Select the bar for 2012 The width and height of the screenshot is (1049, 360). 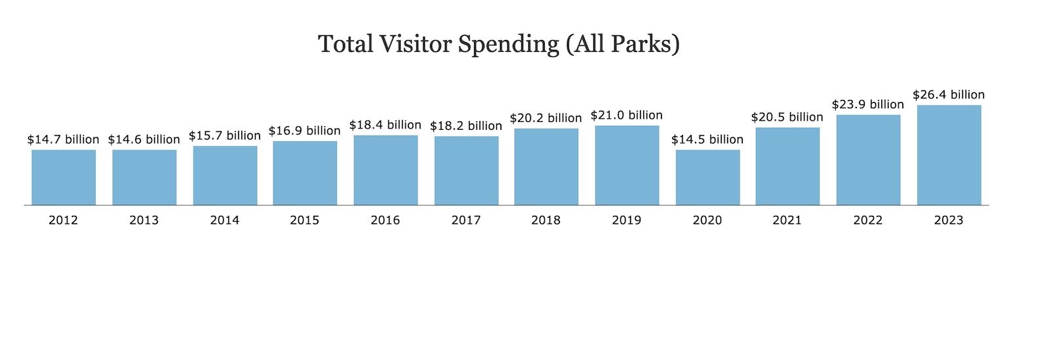click(x=64, y=178)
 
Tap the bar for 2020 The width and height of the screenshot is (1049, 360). click(x=707, y=178)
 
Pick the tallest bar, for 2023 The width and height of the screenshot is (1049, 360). click(x=949, y=155)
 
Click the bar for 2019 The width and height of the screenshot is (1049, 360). click(x=627, y=165)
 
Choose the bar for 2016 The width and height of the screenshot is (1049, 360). click(x=386, y=170)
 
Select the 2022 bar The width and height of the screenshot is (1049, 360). click(x=868, y=160)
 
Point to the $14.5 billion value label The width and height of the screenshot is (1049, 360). click(x=707, y=139)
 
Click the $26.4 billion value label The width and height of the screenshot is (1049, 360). click(x=949, y=94)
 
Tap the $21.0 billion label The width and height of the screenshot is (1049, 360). click(x=627, y=115)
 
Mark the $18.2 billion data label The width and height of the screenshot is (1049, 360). click(x=466, y=125)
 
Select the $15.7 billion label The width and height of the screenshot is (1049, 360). click(x=225, y=135)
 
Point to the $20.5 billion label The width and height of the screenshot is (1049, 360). click(x=787, y=117)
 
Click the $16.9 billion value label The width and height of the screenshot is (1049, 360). click(x=305, y=130)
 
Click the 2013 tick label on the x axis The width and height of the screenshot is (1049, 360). click(x=144, y=220)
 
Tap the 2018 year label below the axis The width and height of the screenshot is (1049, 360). click(x=546, y=220)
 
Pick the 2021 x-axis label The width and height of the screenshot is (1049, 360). click(x=787, y=220)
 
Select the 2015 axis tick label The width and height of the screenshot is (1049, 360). click(x=305, y=220)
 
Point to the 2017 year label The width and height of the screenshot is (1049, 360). click(x=466, y=220)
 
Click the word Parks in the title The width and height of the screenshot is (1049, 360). click(x=640, y=44)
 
